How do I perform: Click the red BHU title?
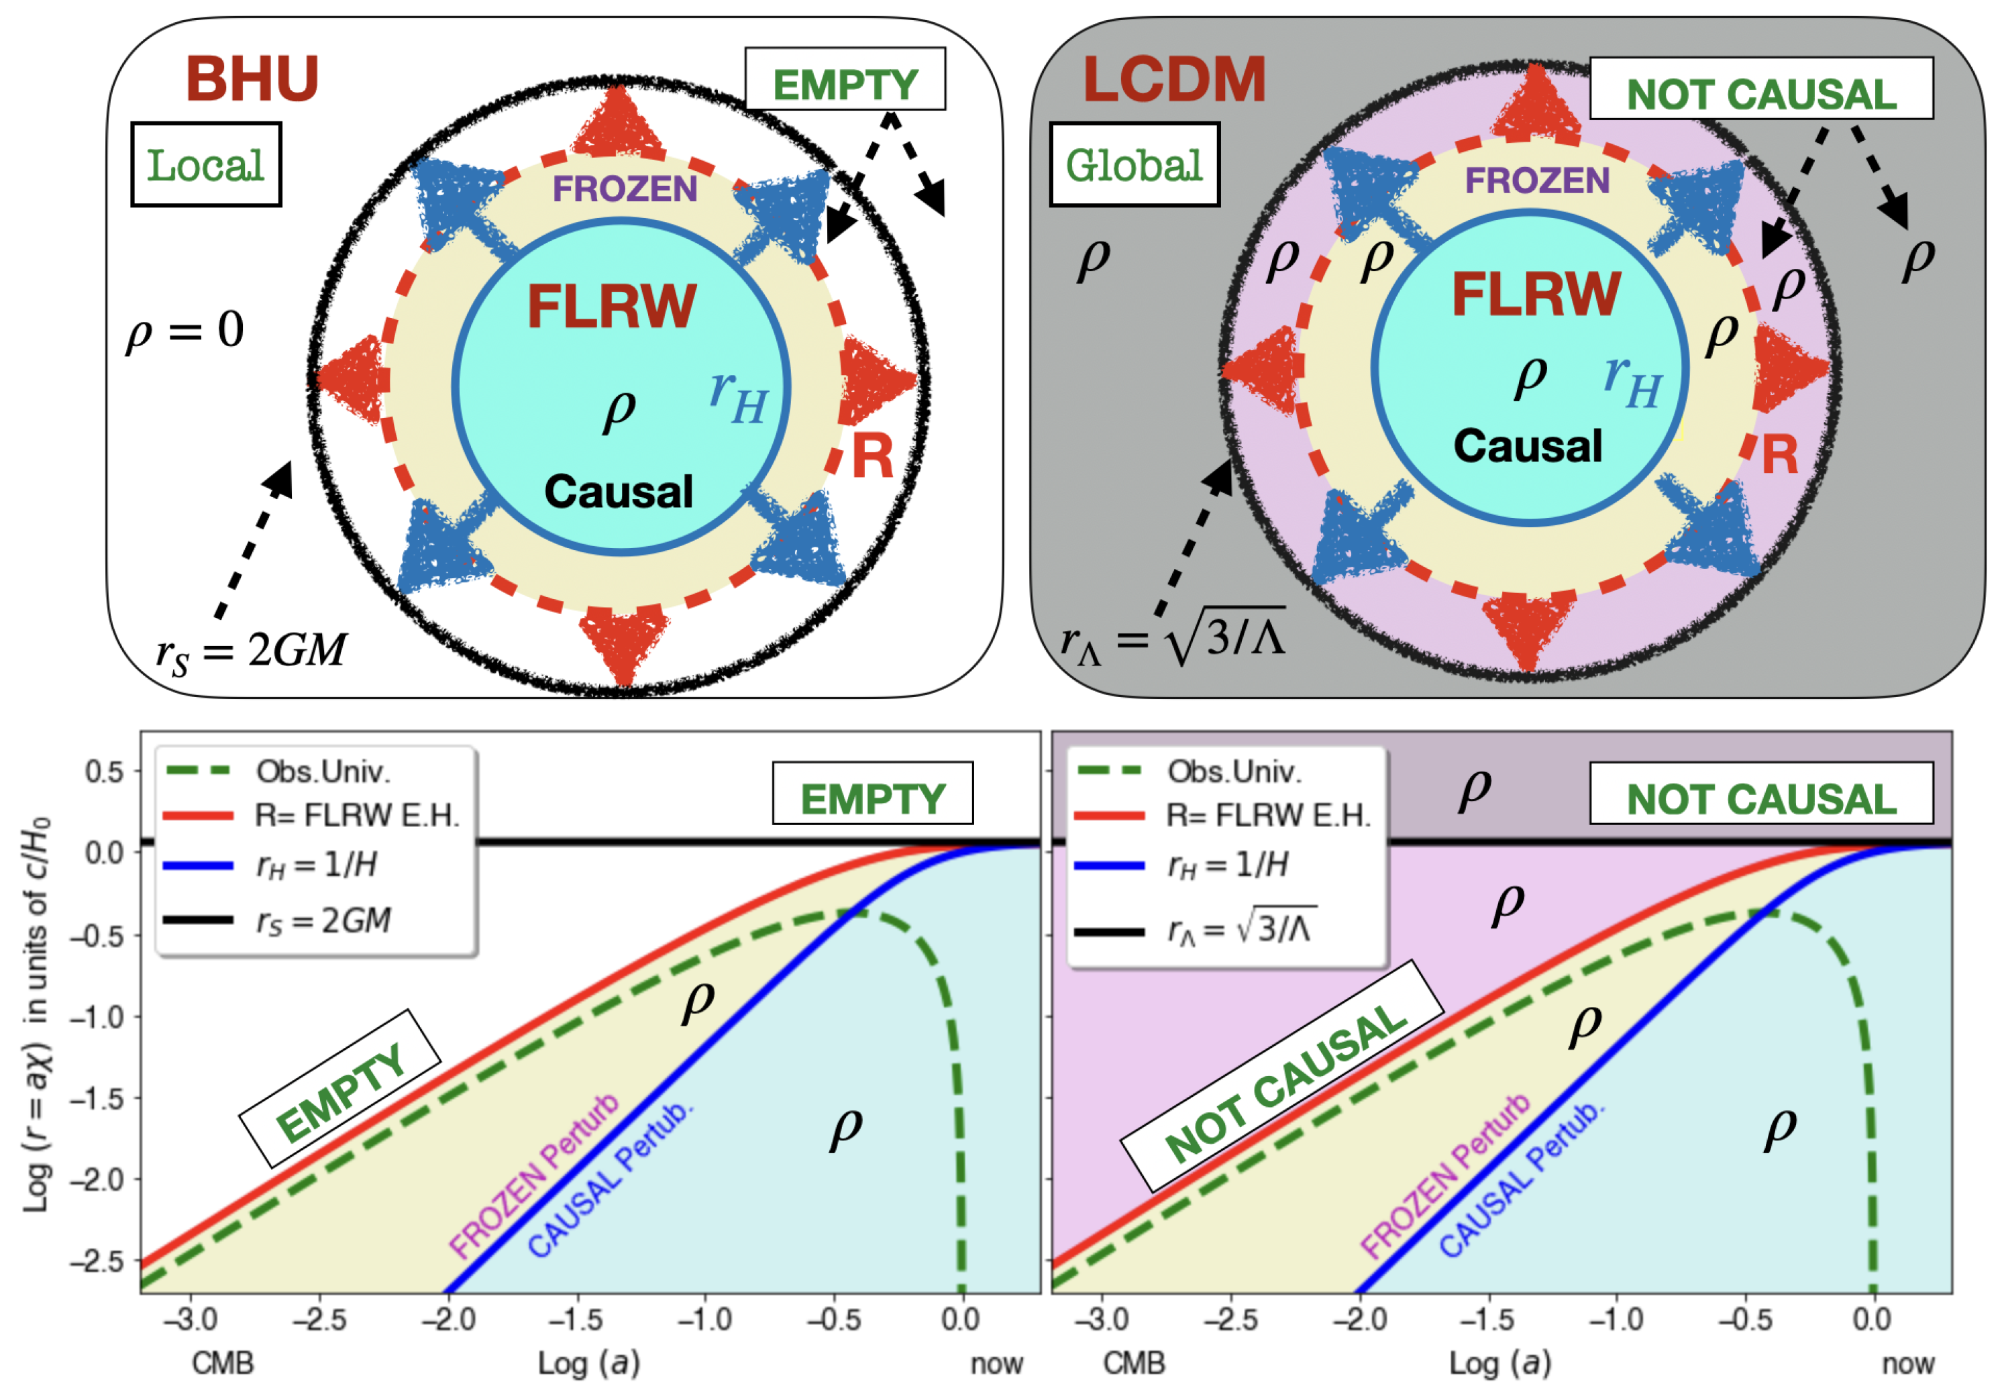252,79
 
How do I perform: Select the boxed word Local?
205,164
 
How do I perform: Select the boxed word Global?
1134,164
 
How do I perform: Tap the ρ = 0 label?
184,331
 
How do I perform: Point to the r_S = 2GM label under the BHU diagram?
251,651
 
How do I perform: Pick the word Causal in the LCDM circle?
1528,446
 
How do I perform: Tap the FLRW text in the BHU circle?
611,307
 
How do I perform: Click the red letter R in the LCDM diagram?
1779,455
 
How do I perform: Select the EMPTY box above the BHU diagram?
845,85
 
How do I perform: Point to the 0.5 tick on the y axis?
105,771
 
